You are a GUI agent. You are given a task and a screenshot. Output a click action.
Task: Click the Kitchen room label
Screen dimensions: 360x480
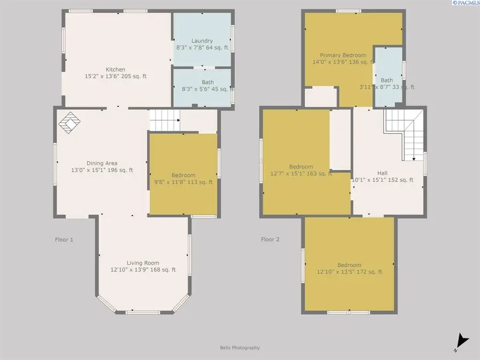tap(115, 69)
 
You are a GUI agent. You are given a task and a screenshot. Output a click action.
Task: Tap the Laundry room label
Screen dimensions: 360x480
tap(202, 41)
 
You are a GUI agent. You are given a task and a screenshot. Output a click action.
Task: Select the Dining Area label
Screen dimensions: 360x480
tap(102, 163)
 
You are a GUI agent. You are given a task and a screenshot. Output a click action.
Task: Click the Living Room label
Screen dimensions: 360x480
tap(143, 263)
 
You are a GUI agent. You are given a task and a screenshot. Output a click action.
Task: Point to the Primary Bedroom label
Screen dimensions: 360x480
tap(343, 55)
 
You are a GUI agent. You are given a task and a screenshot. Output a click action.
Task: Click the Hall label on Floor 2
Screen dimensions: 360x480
tap(382, 173)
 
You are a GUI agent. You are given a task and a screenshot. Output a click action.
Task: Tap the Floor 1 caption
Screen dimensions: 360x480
tap(64, 239)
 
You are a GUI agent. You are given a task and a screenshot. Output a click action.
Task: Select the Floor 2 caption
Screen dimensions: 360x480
tap(270, 239)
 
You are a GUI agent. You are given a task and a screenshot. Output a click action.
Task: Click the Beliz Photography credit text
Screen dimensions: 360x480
tap(239, 348)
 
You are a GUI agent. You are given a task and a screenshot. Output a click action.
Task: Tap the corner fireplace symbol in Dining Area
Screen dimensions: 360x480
tap(69, 123)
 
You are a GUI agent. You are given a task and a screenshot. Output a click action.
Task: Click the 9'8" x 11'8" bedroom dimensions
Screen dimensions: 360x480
tap(183, 182)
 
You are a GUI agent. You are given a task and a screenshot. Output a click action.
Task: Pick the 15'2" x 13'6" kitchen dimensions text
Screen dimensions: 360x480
tap(115, 76)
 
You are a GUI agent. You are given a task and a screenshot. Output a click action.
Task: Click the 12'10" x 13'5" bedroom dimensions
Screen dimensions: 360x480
tap(349, 272)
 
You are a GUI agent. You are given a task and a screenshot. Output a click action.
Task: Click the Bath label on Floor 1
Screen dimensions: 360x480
tap(207, 82)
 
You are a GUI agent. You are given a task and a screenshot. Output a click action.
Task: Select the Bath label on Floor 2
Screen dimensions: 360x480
tap(387, 81)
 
